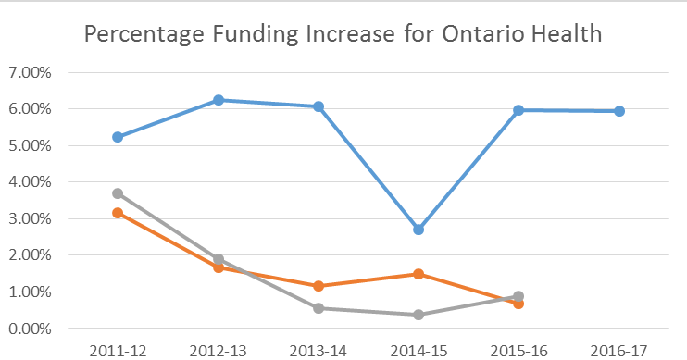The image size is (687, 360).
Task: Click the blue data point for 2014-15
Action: point(418,230)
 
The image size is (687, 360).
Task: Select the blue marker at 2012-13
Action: point(219,100)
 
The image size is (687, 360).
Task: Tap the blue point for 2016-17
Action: point(619,111)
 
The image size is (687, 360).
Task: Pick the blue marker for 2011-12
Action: point(118,137)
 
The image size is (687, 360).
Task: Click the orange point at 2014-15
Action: point(418,274)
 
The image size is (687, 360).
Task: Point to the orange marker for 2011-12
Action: point(118,213)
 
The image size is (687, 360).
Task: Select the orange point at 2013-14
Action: point(319,286)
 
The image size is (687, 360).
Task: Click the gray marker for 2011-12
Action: point(118,193)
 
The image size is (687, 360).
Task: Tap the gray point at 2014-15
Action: point(418,315)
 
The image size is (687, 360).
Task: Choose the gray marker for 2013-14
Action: point(319,308)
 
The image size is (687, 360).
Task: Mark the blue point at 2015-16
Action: point(518,110)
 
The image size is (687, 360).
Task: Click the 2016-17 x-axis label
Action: point(618,350)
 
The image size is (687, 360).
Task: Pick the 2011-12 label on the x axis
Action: point(118,350)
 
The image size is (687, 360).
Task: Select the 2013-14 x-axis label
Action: point(318,350)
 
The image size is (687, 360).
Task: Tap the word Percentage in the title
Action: point(143,36)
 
